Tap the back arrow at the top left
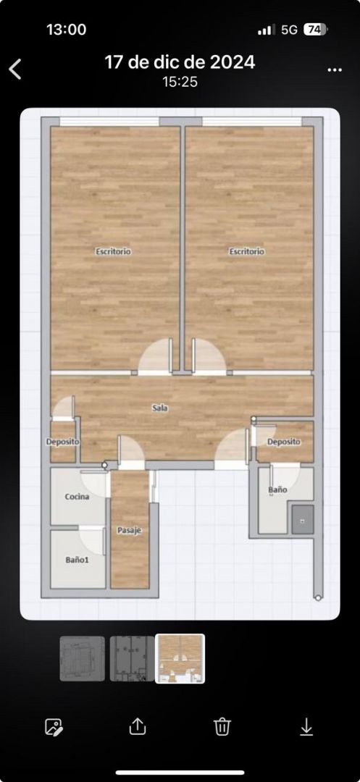pos(15,69)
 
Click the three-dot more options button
pos(335,70)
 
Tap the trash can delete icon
pos(222,726)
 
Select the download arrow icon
pos(306,726)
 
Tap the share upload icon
pos(137,726)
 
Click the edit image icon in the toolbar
pos(54,727)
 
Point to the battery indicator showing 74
pos(315,30)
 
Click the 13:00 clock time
pos(67,30)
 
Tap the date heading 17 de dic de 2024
pos(180,62)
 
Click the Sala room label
pos(160,408)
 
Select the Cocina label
pos(78,497)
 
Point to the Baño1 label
pos(78,560)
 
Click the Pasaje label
pos(130,531)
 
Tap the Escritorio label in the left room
pos(113,251)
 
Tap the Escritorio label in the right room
pos(247,251)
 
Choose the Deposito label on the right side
pos(284,442)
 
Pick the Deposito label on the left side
pos(63,442)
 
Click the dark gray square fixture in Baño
pos(303,519)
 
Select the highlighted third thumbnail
pos(180,658)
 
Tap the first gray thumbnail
pos(83,658)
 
